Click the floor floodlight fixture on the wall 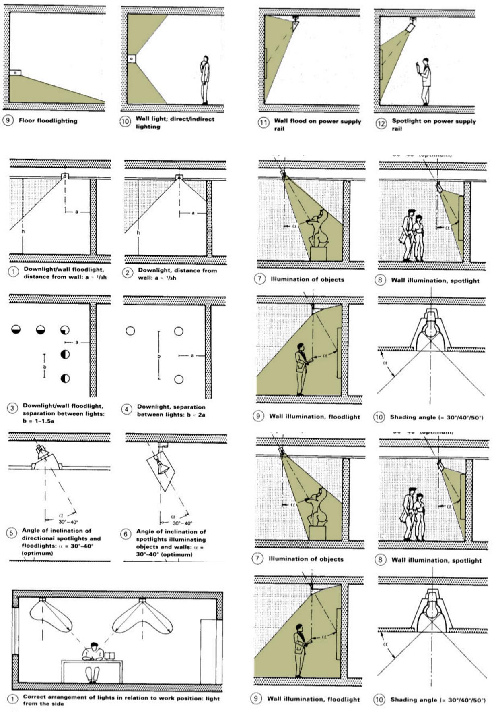pos(15,73)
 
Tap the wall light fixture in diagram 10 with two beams pos(132,59)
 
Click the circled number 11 pos(263,122)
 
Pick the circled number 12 pos(381,123)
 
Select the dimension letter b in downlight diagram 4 pos(159,357)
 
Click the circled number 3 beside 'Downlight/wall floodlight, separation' pos(12,409)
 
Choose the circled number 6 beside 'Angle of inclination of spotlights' pos(126,534)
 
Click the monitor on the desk pos(109,655)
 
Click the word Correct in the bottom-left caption pos(35,697)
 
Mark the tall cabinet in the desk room pos(211,649)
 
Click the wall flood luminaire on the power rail pos(296,24)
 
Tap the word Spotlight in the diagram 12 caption pos(408,121)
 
